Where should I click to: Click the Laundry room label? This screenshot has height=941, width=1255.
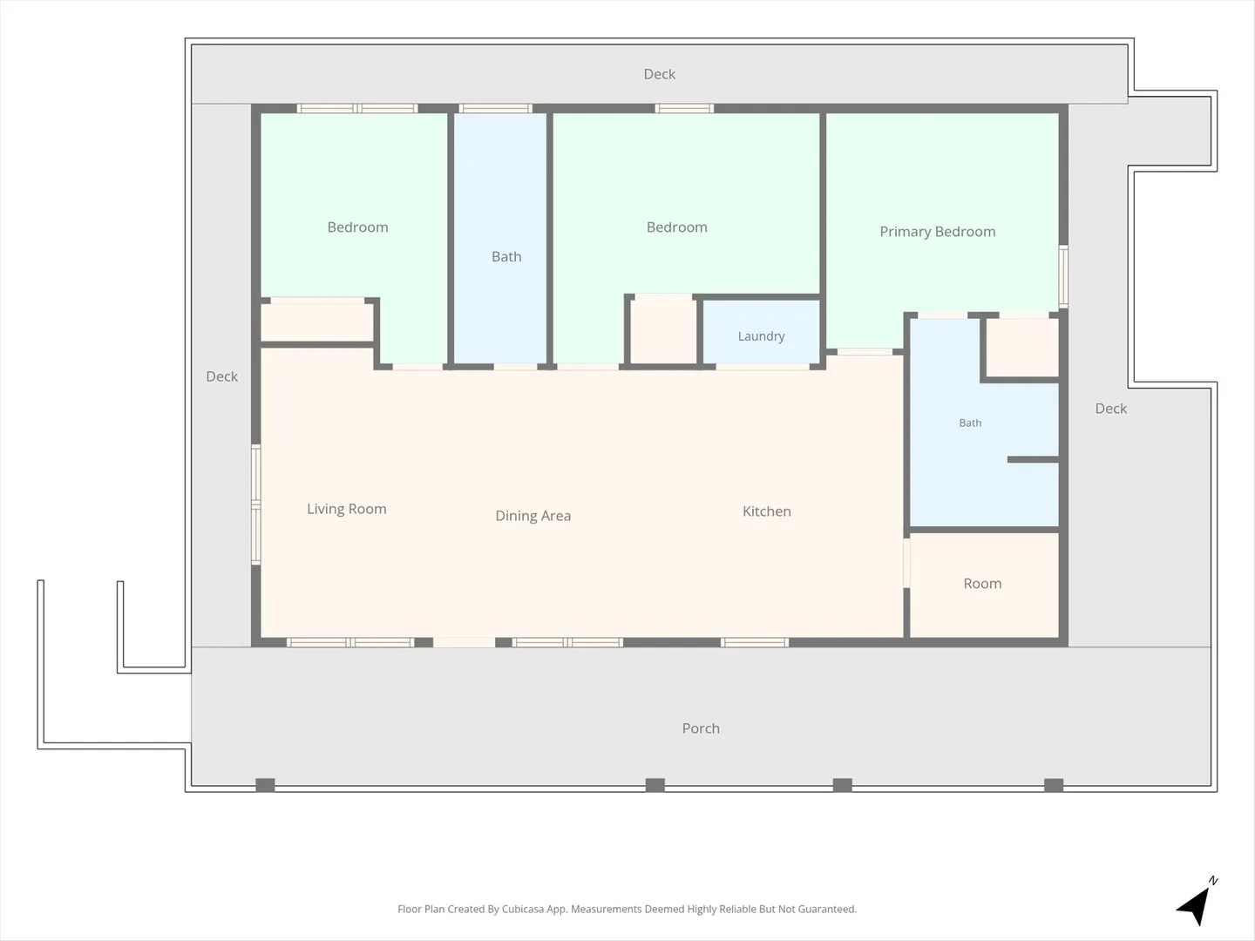(x=761, y=336)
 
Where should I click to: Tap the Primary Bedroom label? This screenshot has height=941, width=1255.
(x=937, y=232)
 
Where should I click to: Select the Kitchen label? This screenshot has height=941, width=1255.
(x=767, y=511)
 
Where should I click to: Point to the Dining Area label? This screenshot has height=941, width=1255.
(x=533, y=516)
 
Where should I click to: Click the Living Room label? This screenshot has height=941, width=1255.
(x=347, y=509)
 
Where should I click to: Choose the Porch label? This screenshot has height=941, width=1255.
(x=701, y=728)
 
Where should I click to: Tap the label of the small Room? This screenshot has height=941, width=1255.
(x=982, y=584)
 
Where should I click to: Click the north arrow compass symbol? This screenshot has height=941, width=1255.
(x=1196, y=901)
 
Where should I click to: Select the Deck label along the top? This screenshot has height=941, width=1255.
(x=659, y=74)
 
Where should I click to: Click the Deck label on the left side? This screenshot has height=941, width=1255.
(x=222, y=376)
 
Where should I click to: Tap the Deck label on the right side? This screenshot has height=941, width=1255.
(x=1111, y=409)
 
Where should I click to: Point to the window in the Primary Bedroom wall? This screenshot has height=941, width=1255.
(x=1063, y=276)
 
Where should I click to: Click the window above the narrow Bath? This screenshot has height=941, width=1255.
(x=496, y=108)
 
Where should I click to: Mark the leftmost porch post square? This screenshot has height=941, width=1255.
(x=265, y=785)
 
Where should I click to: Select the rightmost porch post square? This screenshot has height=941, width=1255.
(x=1054, y=785)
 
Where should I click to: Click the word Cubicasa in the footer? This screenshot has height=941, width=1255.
(x=523, y=909)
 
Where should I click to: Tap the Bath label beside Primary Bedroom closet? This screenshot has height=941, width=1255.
(x=970, y=423)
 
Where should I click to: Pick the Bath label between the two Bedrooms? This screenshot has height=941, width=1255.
(x=506, y=256)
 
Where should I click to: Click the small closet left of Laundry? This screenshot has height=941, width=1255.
(x=663, y=329)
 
